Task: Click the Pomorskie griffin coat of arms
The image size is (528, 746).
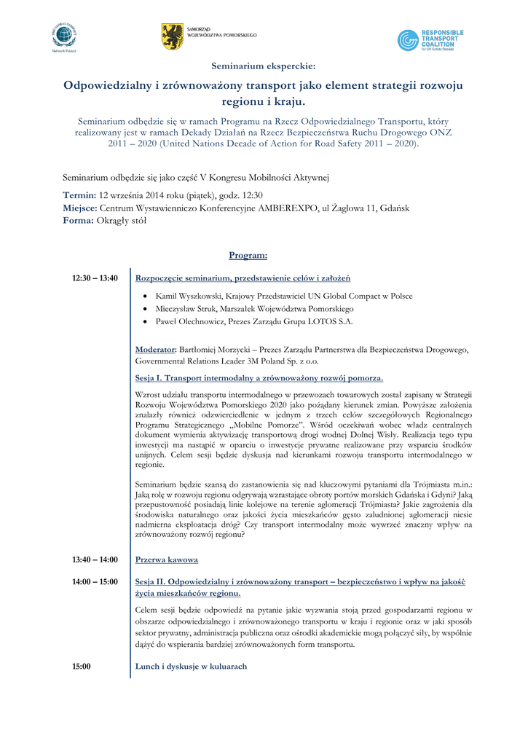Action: pyautogui.click(x=173, y=36)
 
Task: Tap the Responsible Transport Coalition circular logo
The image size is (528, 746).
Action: pyautogui.click(x=408, y=40)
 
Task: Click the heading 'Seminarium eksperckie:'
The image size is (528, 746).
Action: pyautogui.click(x=263, y=67)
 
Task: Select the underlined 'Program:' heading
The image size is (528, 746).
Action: pyautogui.click(x=248, y=255)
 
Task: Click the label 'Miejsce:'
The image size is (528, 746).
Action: pyautogui.click(x=80, y=208)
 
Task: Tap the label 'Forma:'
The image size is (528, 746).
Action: pyautogui.click(x=79, y=221)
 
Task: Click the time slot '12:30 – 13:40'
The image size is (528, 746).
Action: pyautogui.click(x=95, y=278)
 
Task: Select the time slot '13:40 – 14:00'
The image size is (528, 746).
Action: pyautogui.click(x=95, y=559)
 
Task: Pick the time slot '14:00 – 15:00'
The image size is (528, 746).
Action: pyautogui.click(x=95, y=582)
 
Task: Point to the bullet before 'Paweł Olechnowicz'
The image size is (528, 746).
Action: pyautogui.click(x=146, y=321)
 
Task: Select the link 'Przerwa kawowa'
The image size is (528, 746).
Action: pyautogui.click(x=167, y=559)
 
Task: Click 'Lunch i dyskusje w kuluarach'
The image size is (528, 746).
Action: pyautogui.click(x=192, y=666)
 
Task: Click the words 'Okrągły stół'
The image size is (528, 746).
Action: pyautogui.click(x=122, y=221)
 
